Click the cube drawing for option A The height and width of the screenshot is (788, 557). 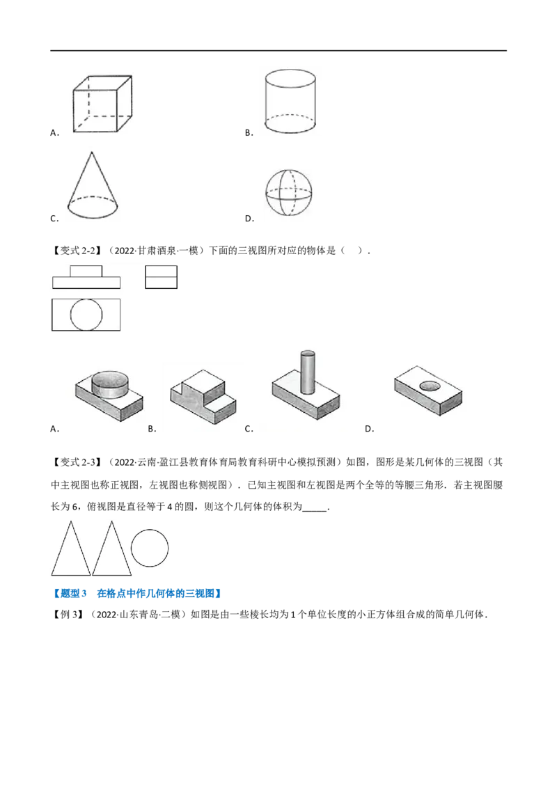pyautogui.click(x=102, y=104)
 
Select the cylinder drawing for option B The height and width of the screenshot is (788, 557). pyautogui.click(x=290, y=101)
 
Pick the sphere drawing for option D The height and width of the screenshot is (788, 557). pyautogui.click(x=288, y=193)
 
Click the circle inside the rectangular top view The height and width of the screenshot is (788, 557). pyautogui.click(x=86, y=315)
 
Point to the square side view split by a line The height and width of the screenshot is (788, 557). pyautogui.click(x=162, y=277)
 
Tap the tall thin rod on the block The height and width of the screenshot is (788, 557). pyautogui.click(x=307, y=372)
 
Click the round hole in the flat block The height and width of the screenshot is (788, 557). pyautogui.click(x=430, y=386)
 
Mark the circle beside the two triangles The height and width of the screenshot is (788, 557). pyautogui.click(x=150, y=548)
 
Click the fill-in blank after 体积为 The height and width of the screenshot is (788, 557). pyautogui.click(x=315, y=507)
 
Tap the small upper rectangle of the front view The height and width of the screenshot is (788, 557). pyautogui.click(x=86, y=271)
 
